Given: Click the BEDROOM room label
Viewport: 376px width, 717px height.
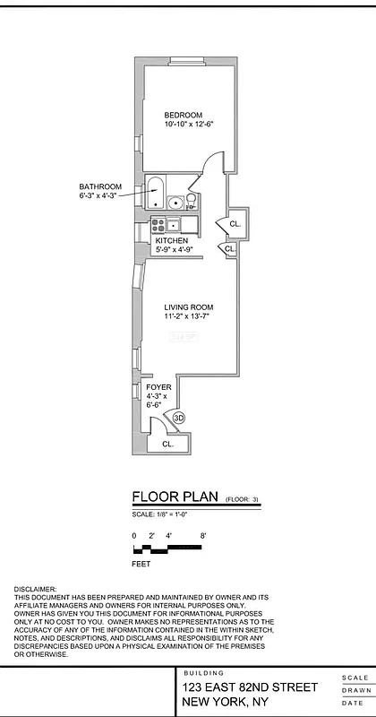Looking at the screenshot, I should [183, 115].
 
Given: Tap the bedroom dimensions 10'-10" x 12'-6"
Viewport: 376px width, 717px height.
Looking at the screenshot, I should [188, 125].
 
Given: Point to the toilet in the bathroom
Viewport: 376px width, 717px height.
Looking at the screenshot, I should [191, 201].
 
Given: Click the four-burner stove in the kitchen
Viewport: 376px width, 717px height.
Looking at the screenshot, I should [158, 223].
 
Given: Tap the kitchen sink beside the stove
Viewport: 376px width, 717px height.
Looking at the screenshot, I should [174, 223].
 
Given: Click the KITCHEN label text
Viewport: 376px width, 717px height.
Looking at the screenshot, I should [171, 241].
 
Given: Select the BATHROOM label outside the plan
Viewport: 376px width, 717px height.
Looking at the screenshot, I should [99, 186].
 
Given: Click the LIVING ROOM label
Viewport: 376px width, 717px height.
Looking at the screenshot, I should [188, 307].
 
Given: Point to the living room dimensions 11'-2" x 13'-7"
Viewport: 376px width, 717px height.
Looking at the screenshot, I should [188, 316].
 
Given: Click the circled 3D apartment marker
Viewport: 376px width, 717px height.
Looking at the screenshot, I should [178, 418].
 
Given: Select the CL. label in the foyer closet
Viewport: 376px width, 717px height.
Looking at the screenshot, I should [167, 444].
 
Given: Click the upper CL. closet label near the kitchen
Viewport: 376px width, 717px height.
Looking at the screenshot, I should [235, 223].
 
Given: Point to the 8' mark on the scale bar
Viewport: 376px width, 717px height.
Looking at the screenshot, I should [204, 535].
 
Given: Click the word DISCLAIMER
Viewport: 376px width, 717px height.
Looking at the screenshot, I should [35, 589].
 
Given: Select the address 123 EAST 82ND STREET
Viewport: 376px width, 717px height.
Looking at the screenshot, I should [250, 687].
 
